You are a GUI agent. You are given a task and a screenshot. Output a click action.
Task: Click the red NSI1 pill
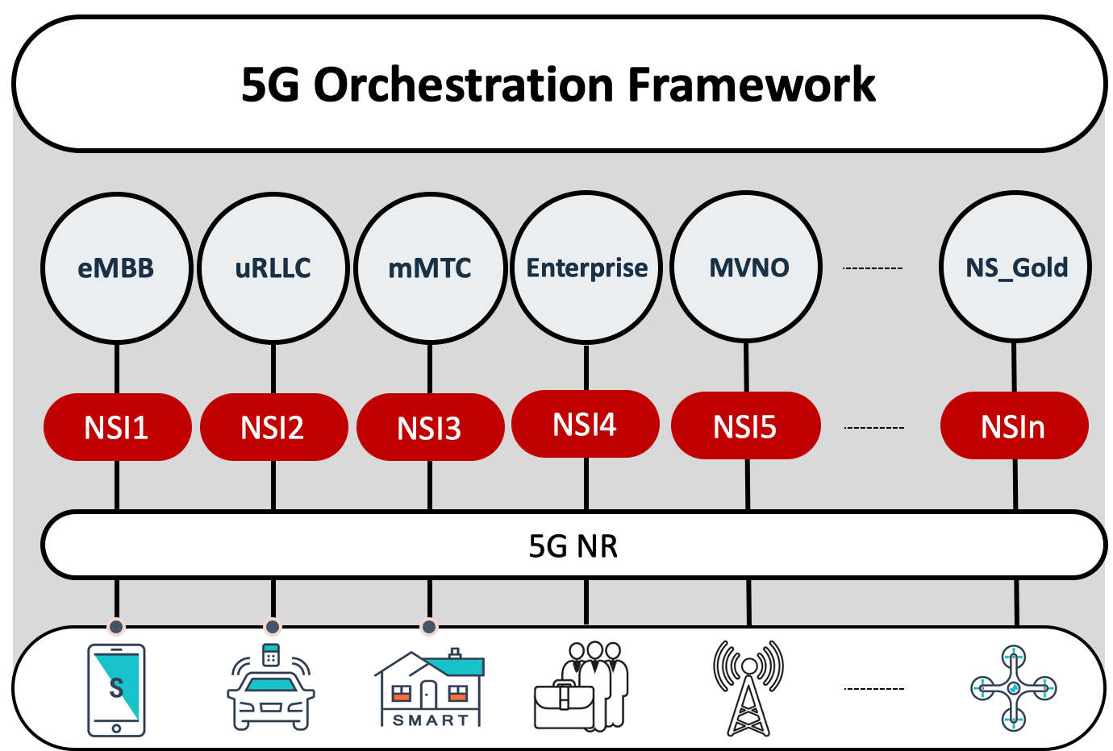(x=117, y=427)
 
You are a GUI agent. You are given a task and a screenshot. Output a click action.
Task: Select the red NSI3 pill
(x=431, y=427)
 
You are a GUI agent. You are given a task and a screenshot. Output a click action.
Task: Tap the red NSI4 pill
(x=586, y=424)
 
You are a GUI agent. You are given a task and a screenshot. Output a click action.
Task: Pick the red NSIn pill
(x=1015, y=425)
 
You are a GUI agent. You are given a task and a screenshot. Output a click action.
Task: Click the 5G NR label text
(x=573, y=546)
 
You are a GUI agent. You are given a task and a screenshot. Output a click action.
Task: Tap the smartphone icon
(x=116, y=690)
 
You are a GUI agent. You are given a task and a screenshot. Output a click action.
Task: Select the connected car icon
(x=271, y=687)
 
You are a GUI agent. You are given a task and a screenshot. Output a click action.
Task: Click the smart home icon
(x=430, y=687)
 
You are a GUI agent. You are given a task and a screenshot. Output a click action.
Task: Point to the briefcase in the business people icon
(x=564, y=706)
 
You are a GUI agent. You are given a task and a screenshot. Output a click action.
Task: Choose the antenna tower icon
(x=748, y=688)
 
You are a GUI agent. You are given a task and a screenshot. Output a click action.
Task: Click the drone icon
(x=1014, y=688)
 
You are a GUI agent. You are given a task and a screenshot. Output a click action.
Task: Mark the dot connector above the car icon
(x=273, y=627)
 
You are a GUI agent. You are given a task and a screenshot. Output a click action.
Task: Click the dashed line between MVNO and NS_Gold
(x=873, y=268)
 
